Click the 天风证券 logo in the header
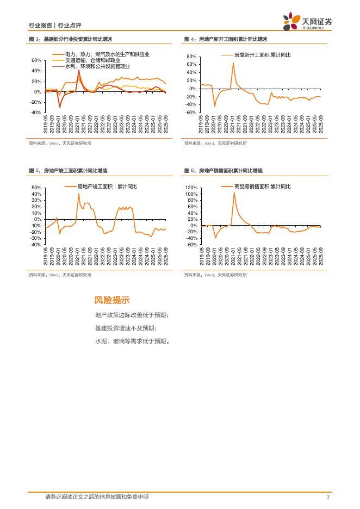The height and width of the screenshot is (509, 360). click(307, 22)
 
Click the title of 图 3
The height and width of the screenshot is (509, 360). click(70, 39)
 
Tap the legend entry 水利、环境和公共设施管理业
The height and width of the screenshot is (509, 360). click(97, 66)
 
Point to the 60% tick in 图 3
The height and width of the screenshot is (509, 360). click(36, 60)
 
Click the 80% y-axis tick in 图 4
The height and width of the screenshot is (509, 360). click(191, 57)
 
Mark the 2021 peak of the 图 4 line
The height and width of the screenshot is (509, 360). click(233, 63)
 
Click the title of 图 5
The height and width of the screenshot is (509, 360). click(70, 171)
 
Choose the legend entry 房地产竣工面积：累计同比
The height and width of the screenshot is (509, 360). click(103, 187)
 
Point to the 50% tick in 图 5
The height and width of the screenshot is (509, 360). click(37, 188)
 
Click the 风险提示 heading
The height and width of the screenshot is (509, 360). click(112, 300)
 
